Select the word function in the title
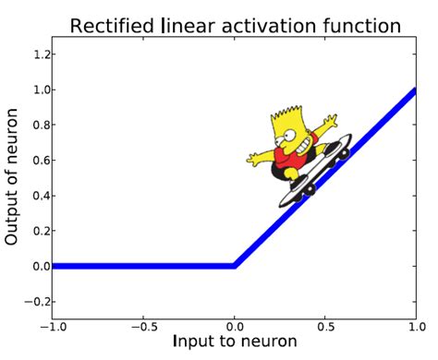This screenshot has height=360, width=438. coord(361,25)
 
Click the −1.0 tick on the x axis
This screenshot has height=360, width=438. coord(53,327)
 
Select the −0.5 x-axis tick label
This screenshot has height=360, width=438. coord(142,327)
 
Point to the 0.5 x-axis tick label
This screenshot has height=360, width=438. coord(326,327)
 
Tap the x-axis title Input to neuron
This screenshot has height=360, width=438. coord(235,342)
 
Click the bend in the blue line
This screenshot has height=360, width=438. coord(235,266)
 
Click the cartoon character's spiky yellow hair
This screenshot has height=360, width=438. coord(285,122)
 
